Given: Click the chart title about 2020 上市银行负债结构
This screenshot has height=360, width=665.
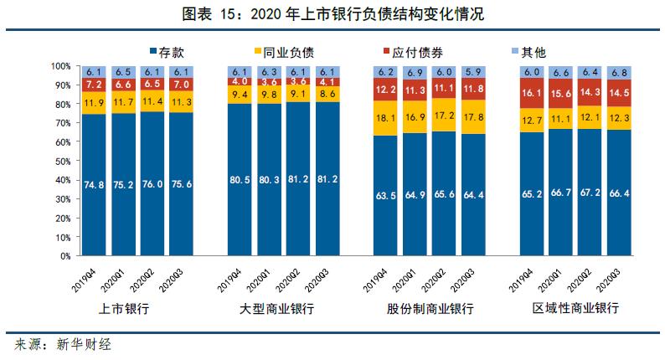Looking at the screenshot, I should tap(333, 15).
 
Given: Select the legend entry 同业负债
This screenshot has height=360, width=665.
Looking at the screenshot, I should tap(282, 52).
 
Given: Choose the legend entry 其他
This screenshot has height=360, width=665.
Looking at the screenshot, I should tap(528, 52).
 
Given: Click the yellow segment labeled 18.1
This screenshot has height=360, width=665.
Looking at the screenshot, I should tap(385, 118).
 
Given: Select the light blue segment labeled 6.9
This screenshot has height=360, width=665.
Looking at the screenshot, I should tap(415, 72).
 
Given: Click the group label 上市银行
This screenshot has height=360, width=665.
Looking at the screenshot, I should tap(123, 309).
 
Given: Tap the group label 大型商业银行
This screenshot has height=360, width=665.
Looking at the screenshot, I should tap(277, 309).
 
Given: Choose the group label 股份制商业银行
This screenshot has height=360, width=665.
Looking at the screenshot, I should tap(430, 309).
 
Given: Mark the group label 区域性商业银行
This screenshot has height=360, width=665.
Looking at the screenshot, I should tap(576, 309).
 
